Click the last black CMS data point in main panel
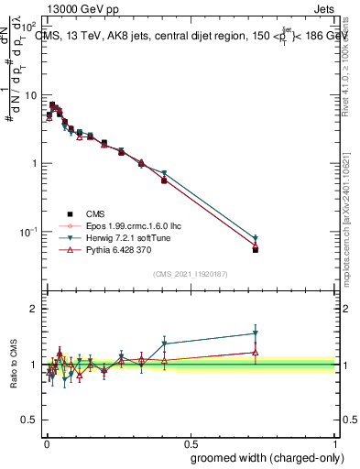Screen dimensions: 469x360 point(256,249)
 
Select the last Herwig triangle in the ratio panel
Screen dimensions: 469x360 point(256,333)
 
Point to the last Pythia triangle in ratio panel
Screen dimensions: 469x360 point(256,352)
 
